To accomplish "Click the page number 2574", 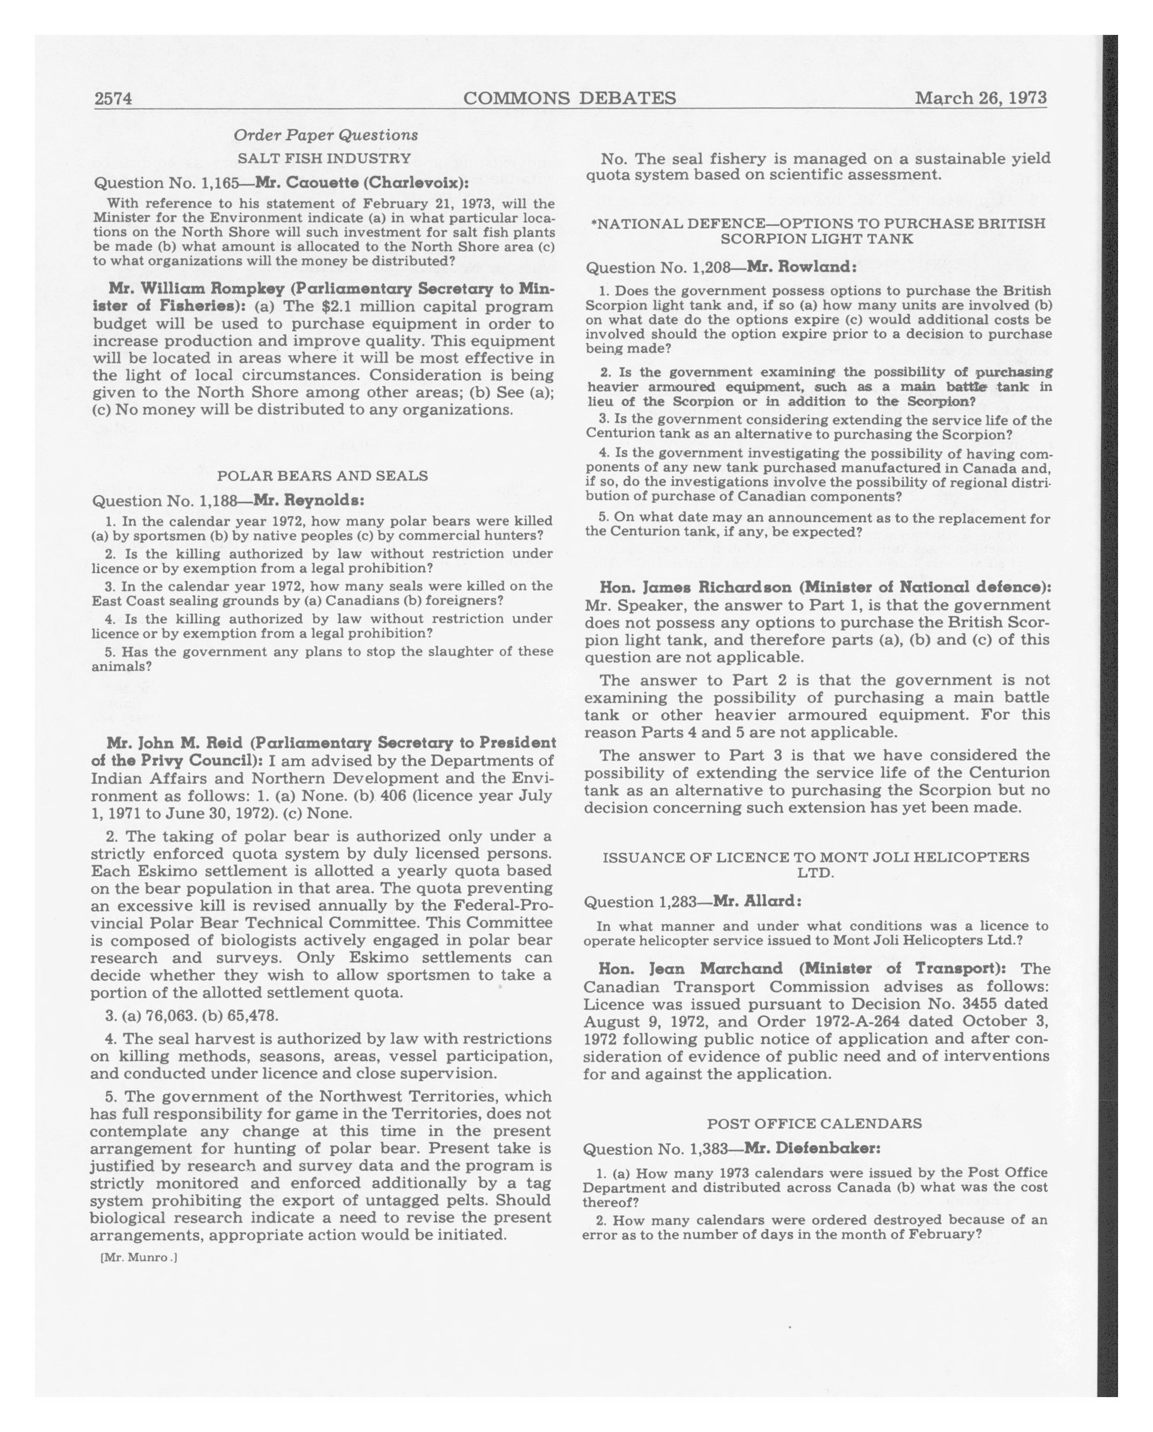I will click(x=113, y=99).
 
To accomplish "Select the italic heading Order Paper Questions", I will click(x=326, y=135).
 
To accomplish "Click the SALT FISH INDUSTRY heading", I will click(x=324, y=158).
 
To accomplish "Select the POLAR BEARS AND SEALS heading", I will click(x=322, y=476).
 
